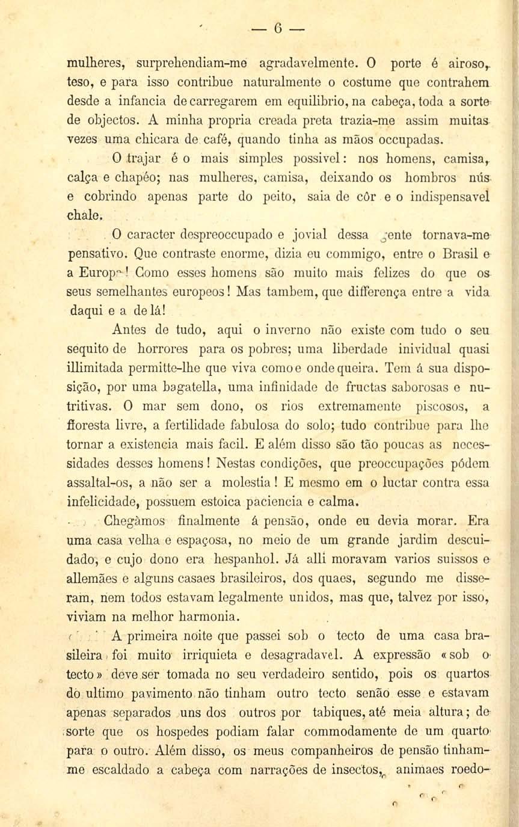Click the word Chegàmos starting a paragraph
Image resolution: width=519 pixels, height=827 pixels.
138,521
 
